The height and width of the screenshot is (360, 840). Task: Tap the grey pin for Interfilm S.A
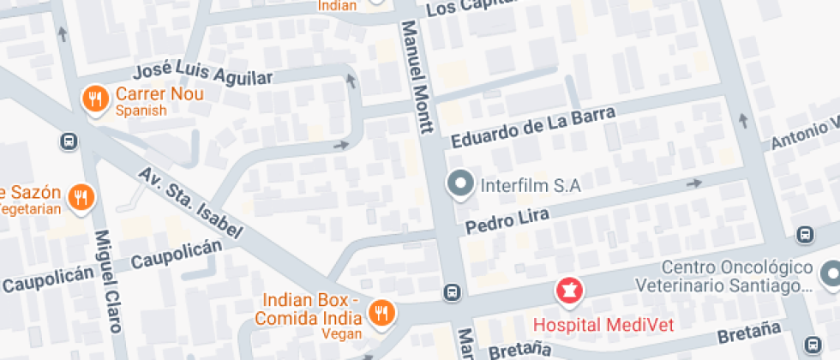pyautogui.click(x=461, y=184)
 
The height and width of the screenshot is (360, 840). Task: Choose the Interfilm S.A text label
pyautogui.click(x=531, y=185)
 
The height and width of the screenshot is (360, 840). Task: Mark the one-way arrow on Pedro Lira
pyautogui.click(x=693, y=183)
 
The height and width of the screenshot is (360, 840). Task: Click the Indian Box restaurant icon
pyautogui.click(x=382, y=313)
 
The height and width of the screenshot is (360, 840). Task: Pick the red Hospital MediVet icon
pyautogui.click(x=567, y=291)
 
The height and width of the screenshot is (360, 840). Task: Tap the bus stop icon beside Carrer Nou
pyautogui.click(x=68, y=141)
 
